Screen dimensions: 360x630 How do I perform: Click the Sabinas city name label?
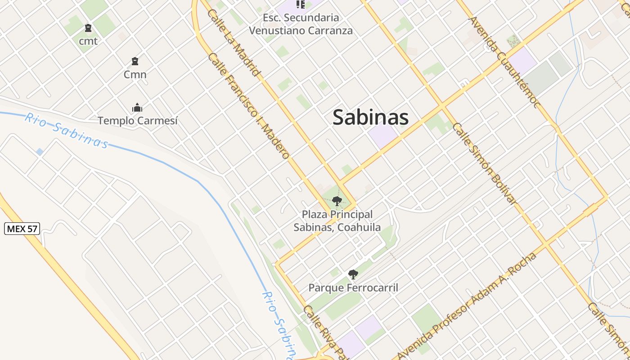click(x=370, y=117)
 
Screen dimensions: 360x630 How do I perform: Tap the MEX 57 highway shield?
click(x=22, y=229)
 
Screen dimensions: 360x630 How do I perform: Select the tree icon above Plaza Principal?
click(x=337, y=201)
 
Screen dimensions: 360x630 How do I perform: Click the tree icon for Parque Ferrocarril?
click(x=353, y=274)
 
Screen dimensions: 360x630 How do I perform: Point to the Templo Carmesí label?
click(x=138, y=121)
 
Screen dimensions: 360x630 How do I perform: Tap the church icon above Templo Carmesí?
click(x=137, y=108)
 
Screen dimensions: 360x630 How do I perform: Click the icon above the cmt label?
click(x=88, y=28)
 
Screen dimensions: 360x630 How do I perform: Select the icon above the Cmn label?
click(x=135, y=61)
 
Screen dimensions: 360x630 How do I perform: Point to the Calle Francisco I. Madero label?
click(x=248, y=106)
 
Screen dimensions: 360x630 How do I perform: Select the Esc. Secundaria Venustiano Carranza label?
click(x=301, y=24)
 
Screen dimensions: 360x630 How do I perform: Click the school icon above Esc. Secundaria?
click(x=301, y=5)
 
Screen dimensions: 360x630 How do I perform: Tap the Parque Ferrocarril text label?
click(x=353, y=288)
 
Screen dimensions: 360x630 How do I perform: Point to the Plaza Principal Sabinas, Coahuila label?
click(x=337, y=221)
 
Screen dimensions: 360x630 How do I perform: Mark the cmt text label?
click(x=88, y=41)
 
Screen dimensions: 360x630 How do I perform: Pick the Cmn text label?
click(x=135, y=74)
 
